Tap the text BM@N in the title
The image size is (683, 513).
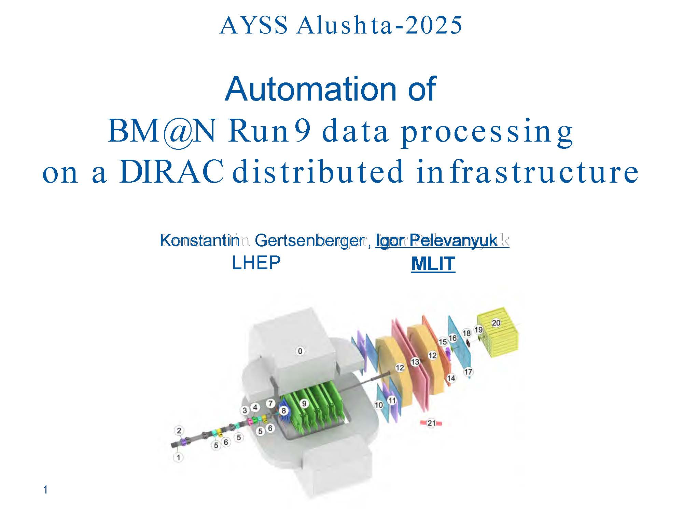click(162, 132)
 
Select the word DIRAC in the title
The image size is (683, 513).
click(171, 172)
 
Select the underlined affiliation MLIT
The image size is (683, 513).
click(433, 264)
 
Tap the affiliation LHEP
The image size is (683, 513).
click(256, 263)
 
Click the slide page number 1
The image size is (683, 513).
click(45, 490)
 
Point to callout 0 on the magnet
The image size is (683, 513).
click(300, 351)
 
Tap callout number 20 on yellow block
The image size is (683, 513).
click(496, 323)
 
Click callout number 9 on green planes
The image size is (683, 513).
click(304, 404)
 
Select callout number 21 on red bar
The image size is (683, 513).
click(431, 423)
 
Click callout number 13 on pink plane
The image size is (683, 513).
click(415, 362)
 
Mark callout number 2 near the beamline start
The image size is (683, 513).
click(179, 431)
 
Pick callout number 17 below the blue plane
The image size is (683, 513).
click(468, 372)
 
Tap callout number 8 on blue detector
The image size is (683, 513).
click(283, 411)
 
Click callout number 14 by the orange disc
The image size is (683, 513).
click(451, 378)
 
